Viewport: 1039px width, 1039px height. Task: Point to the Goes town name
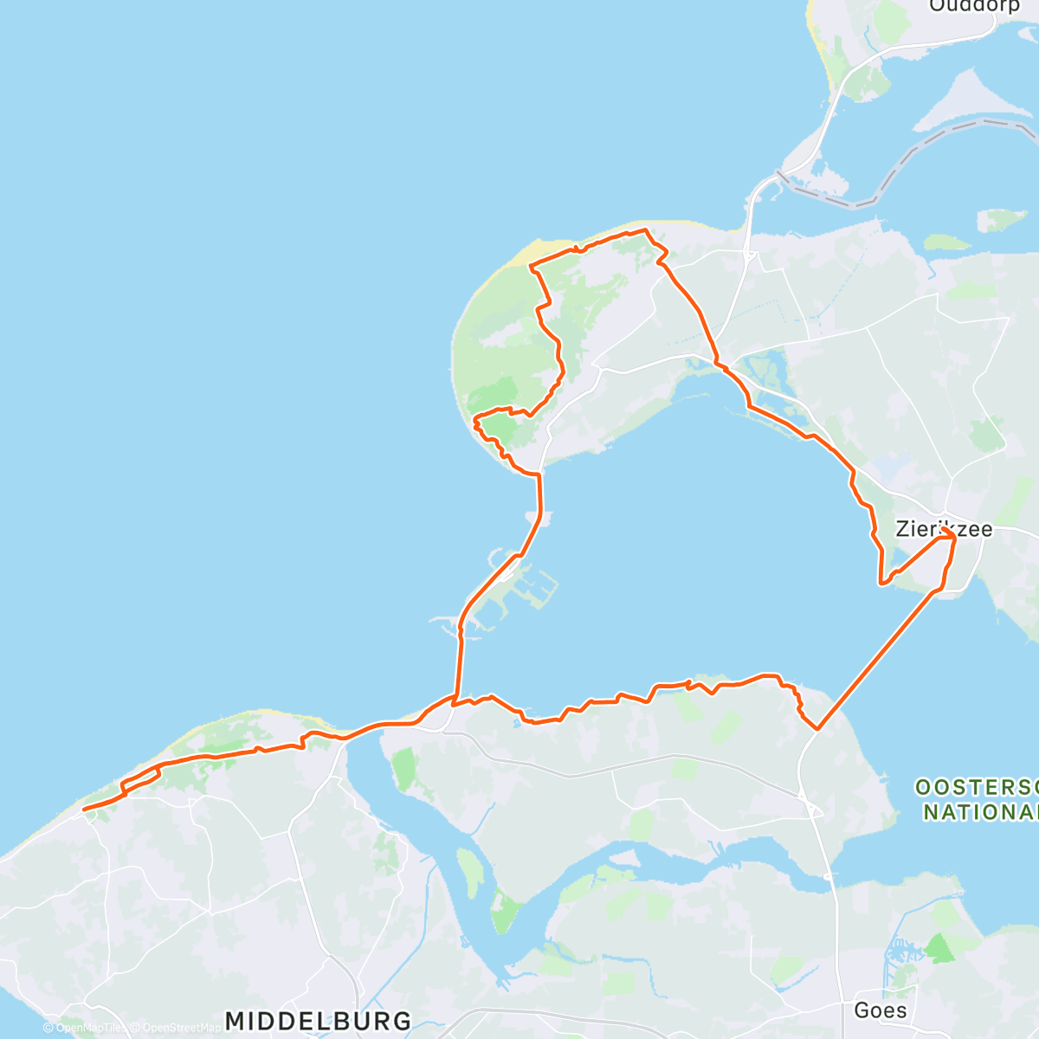coord(880,1010)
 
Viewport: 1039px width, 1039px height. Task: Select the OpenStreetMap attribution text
coord(177,1028)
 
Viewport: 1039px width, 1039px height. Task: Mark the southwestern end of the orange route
coord(84,810)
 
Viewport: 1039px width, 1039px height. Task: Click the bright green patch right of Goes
coord(939,948)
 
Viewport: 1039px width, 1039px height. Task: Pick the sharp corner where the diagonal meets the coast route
coord(816,729)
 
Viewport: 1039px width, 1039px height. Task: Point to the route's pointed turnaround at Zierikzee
coord(953,538)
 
